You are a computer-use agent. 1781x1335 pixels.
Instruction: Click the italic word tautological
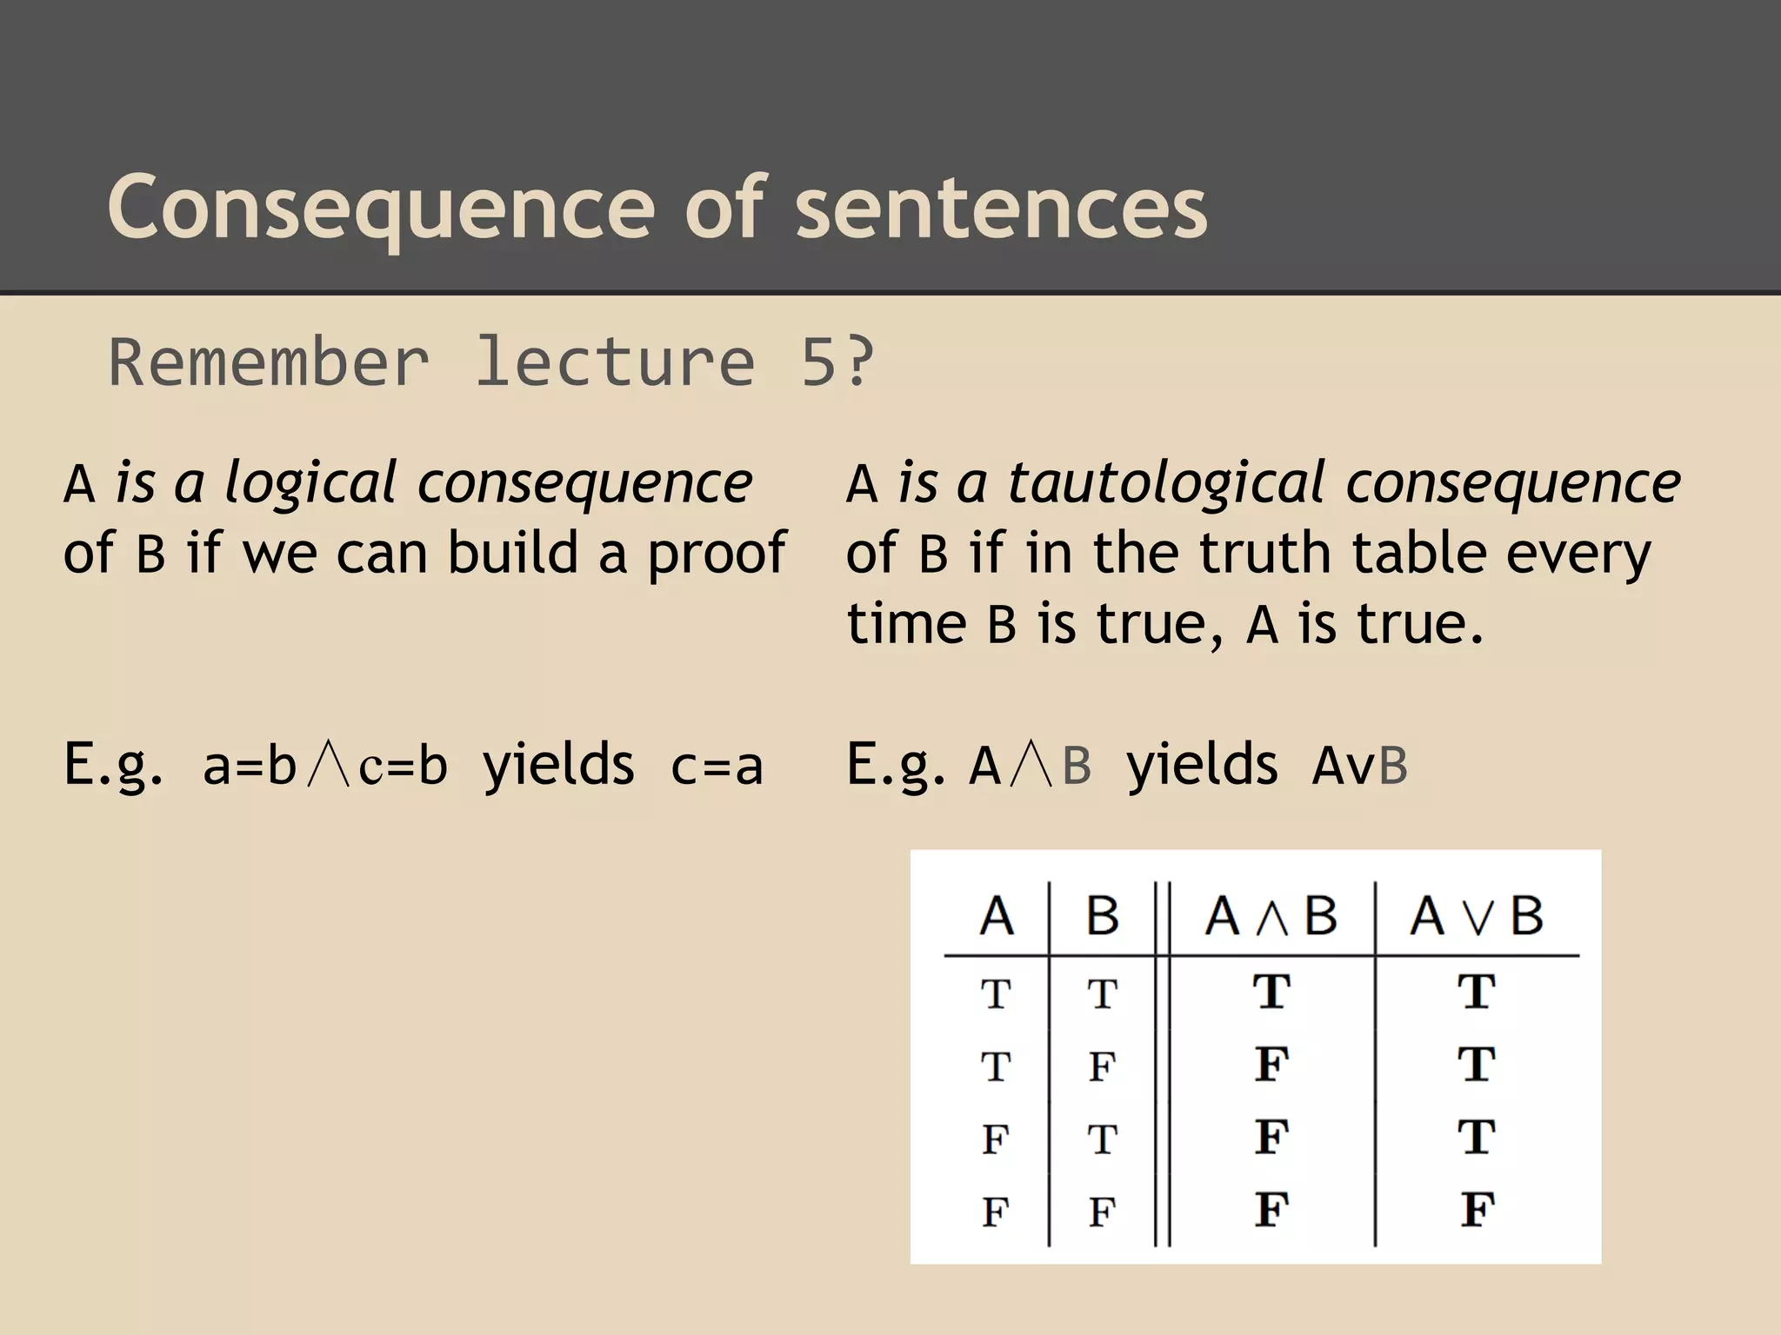point(1166,483)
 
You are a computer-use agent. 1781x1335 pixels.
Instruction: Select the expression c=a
point(717,767)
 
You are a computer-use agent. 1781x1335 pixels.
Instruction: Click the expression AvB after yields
point(1359,767)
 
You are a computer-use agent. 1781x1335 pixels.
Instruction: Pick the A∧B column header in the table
point(1271,916)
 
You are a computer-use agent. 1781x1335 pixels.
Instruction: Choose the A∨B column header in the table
point(1476,916)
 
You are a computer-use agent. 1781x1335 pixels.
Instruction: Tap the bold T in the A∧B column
point(1271,992)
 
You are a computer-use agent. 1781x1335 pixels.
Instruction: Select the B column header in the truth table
point(1102,916)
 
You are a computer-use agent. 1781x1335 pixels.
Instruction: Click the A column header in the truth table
point(997,916)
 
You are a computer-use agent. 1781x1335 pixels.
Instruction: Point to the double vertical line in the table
point(1162,1060)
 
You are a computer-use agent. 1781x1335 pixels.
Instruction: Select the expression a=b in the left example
point(250,767)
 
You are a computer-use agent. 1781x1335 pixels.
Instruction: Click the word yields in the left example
point(558,767)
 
